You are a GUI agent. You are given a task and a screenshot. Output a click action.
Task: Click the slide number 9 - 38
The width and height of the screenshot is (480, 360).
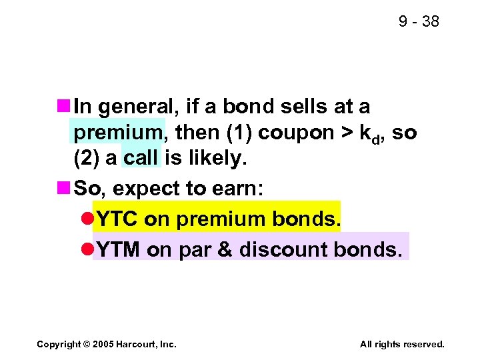[419, 21]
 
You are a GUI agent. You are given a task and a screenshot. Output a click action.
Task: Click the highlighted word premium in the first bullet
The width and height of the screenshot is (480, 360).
[118, 133]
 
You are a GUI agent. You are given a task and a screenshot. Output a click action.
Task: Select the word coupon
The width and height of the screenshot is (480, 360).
[287, 133]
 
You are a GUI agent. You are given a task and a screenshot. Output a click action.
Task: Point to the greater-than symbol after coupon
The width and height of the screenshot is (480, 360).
[347, 133]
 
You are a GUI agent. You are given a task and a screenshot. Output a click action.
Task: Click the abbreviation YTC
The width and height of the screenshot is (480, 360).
[117, 219]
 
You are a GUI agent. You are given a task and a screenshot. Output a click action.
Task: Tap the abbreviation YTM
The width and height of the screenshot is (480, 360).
[118, 249]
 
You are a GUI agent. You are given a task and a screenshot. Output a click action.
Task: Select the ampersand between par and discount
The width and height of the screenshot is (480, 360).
[223, 249]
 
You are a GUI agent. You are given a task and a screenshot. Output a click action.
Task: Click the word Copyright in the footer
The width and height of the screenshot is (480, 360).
[59, 344]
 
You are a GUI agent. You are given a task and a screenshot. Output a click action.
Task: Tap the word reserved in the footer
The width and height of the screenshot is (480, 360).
[421, 344]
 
